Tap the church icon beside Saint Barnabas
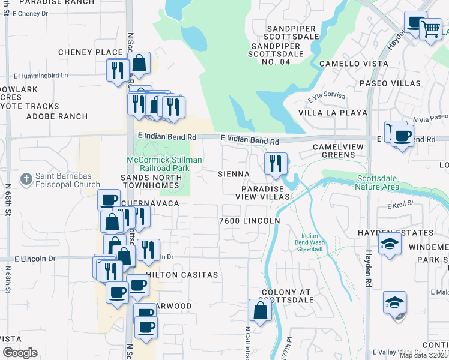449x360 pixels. (x=25, y=179)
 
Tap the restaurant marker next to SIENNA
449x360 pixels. (x=276, y=164)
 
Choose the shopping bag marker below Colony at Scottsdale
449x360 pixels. (x=260, y=311)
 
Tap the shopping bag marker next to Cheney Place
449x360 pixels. (x=139, y=64)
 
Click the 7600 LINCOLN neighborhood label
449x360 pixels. (x=250, y=221)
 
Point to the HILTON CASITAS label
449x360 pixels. (x=182, y=274)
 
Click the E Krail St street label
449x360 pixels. (x=401, y=205)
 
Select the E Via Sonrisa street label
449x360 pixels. (x=327, y=96)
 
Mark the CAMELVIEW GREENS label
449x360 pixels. (x=334, y=151)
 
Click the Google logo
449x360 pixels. (x=20, y=353)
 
